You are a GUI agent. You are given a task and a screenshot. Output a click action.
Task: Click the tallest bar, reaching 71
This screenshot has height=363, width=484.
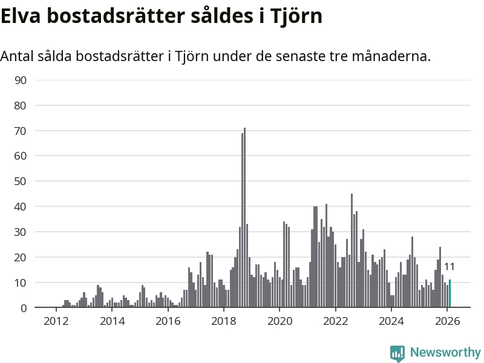point(244,218)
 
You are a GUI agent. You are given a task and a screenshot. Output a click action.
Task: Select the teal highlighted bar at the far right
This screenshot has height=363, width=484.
point(450,294)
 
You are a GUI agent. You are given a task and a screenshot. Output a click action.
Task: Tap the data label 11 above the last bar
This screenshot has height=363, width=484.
point(450,267)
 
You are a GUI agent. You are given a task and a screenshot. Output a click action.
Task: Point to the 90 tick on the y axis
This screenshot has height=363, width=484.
point(21,80)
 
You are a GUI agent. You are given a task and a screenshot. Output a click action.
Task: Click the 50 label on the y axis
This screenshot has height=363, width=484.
point(21,181)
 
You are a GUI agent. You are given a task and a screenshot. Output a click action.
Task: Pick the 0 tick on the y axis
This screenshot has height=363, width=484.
point(24,309)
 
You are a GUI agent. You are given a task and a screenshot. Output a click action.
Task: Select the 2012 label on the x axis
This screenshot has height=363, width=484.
point(56,321)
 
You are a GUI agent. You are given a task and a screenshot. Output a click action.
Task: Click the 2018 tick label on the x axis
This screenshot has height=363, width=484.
point(223,321)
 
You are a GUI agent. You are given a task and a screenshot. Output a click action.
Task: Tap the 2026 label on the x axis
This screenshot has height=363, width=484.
point(446,321)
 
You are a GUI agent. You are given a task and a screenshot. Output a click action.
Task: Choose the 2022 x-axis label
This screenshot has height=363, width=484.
point(335,321)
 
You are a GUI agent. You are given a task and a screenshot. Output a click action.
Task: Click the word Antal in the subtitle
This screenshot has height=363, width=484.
point(17,56)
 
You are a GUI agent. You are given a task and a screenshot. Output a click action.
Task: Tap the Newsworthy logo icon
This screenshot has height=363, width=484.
point(397,353)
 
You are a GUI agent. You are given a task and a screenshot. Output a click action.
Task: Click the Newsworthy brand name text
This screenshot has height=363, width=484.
point(445,353)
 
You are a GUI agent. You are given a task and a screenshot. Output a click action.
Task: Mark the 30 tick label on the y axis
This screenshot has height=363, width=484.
point(21,232)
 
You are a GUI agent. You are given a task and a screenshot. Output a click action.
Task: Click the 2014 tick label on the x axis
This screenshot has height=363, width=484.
point(112,321)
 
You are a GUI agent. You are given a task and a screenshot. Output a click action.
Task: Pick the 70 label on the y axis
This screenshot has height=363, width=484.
point(21,131)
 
